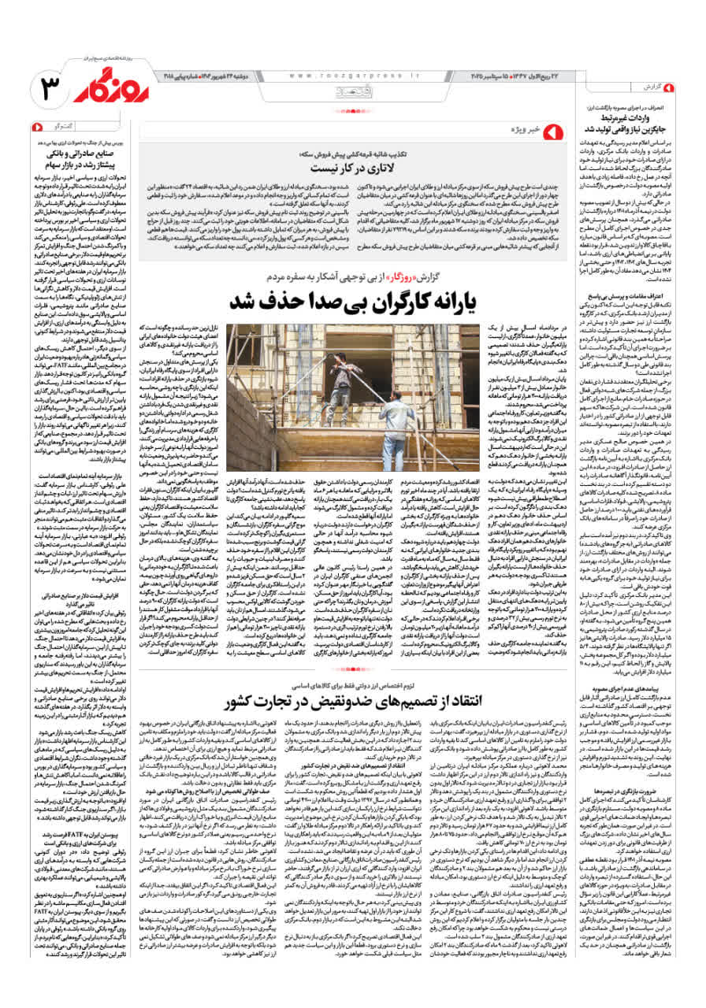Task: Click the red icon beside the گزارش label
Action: [669, 85]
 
